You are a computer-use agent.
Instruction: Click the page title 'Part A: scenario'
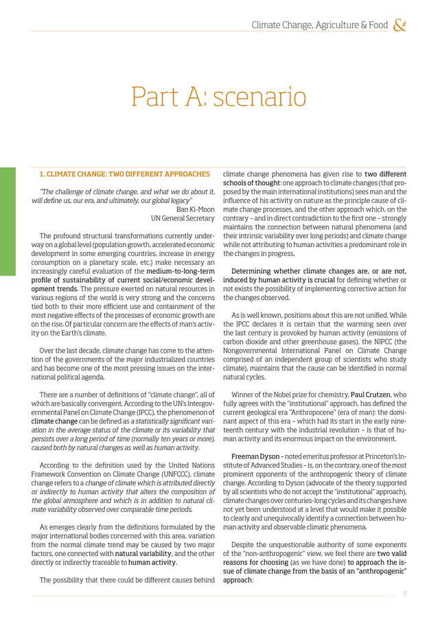(218, 97)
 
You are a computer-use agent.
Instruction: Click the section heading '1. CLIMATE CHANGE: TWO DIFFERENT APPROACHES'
(124, 174)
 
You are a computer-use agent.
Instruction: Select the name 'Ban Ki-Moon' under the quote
(196, 209)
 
